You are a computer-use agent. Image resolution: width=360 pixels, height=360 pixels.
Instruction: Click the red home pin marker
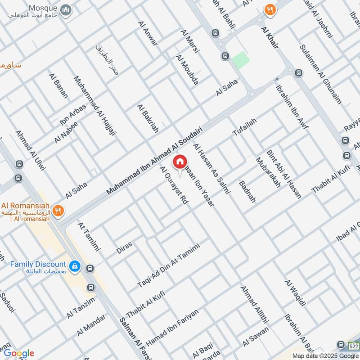(x=180, y=161)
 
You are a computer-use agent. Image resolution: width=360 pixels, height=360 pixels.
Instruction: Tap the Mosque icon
(x=66, y=9)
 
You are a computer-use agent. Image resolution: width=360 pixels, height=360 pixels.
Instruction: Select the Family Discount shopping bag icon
(x=75, y=267)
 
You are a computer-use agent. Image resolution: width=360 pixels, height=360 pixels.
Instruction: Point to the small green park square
(x=241, y=60)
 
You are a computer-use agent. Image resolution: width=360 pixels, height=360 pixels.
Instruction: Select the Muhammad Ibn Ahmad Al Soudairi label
(x=154, y=161)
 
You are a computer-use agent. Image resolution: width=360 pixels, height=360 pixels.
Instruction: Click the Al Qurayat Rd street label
(x=174, y=186)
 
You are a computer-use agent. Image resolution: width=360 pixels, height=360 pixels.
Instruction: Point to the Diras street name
(x=124, y=247)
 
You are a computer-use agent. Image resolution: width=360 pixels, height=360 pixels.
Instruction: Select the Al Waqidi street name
(x=295, y=293)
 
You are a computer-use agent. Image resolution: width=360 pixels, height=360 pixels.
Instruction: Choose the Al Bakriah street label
(x=148, y=118)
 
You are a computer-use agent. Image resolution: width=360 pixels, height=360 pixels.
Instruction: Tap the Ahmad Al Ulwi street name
(x=31, y=150)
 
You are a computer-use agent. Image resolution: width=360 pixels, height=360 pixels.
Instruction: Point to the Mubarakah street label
(x=268, y=172)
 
